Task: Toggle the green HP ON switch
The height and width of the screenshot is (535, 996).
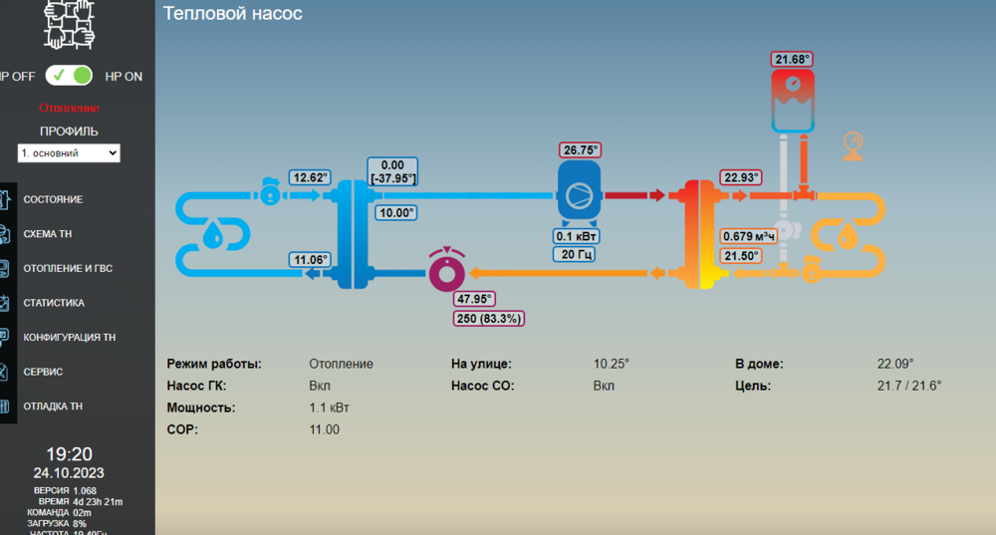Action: click(70, 76)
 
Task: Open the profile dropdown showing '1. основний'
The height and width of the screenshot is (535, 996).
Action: click(69, 153)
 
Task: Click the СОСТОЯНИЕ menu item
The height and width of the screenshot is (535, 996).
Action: click(53, 199)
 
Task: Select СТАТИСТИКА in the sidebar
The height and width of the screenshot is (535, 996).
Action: click(54, 303)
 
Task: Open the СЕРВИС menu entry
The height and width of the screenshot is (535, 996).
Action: click(43, 372)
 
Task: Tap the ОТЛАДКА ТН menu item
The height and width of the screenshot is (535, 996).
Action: click(53, 406)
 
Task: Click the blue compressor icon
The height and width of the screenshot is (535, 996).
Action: click(579, 192)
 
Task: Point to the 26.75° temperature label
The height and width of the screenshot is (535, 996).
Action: click(580, 150)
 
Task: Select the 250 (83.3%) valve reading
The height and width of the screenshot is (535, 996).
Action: click(488, 319)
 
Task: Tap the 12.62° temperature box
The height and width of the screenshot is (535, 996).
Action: click(310, 177)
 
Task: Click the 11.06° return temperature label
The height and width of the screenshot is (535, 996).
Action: click(310, 259)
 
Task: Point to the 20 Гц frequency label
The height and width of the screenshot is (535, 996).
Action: click(576, 254)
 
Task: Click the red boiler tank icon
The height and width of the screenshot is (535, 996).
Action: click(793, 101)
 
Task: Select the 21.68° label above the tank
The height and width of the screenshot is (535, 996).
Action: click(792, 59)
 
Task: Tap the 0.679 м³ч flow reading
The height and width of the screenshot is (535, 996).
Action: click(749, 236)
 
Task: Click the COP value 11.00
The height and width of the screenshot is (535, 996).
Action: click(324, 429)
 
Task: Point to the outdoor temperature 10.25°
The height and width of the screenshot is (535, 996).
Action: click(612, 364)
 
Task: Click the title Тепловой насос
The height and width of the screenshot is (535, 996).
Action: click(232, 13)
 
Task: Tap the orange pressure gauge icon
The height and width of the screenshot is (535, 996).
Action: click(853, 146)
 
